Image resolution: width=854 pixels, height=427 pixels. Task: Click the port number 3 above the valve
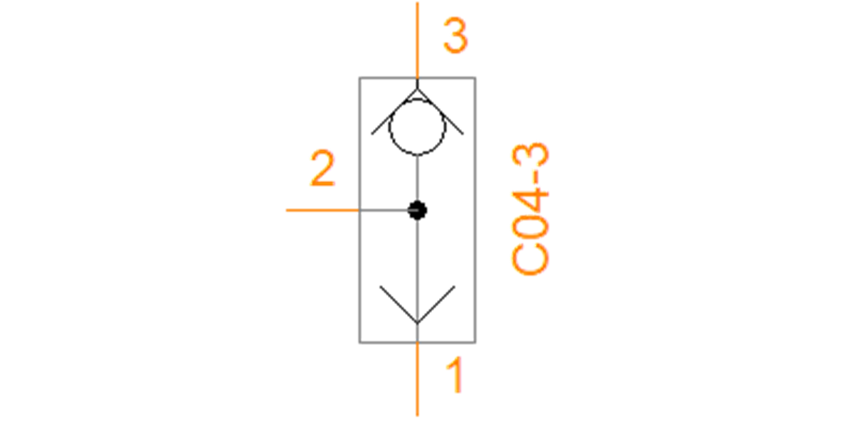(455, 36)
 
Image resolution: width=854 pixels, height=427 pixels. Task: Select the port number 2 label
(323, 168)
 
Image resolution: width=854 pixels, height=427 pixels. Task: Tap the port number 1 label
(456, 375)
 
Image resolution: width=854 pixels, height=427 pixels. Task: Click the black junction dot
(417, 210)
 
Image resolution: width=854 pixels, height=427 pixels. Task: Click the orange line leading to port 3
(417, 40)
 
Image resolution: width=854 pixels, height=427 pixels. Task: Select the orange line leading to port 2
(322, 210)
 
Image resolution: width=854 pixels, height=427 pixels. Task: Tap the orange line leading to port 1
(418, 379)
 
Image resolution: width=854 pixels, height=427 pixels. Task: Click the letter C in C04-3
(530, 259)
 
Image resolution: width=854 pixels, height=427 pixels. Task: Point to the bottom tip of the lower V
(417, 323)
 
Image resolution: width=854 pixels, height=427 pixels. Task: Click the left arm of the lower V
(399, 305)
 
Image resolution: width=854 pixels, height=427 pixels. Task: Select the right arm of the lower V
(436, 305)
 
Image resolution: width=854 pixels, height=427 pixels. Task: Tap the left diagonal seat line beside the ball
(394, 111)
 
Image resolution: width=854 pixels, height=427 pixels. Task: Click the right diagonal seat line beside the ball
(441, 111)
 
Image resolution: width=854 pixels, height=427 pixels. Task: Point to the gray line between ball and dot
(417, 178)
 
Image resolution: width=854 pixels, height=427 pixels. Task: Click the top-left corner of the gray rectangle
(359, 78)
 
